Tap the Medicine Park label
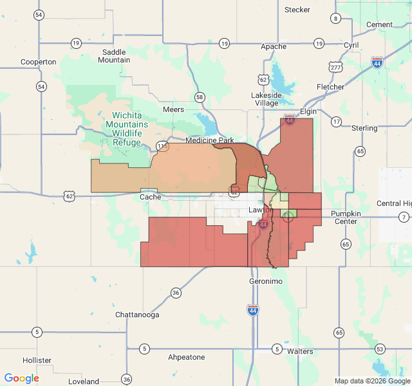pyautogui.click(x=210, y=140)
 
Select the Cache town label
pyautogui.click(x=150, y=197)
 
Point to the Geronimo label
pyautogui.click(x=265, y=281)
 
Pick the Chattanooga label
pyautogui.click(x=137, y=315)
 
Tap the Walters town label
pyautogui.click(x=300, y=351)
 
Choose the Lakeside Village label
pyautogui.click(x=267, y=99)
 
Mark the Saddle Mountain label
pyautogui.click(x=114, y=56)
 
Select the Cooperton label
pyautogui.click(x=39, y=62)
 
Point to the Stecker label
pyautogui.click(x=297, y=10)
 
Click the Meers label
pyautogui.click(x=174, y=109)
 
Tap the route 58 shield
pyautogui.click(x=200, y=97)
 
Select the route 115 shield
pyautogui.click(x=162, y=147)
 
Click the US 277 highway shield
pyautogui.click(x=335, y=67)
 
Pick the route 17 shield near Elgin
pyautogui.click(x=336, y=122)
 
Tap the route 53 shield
pyautogui.click(x=380, y=349)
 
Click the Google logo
pyautogui.click(x=22, y=378)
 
